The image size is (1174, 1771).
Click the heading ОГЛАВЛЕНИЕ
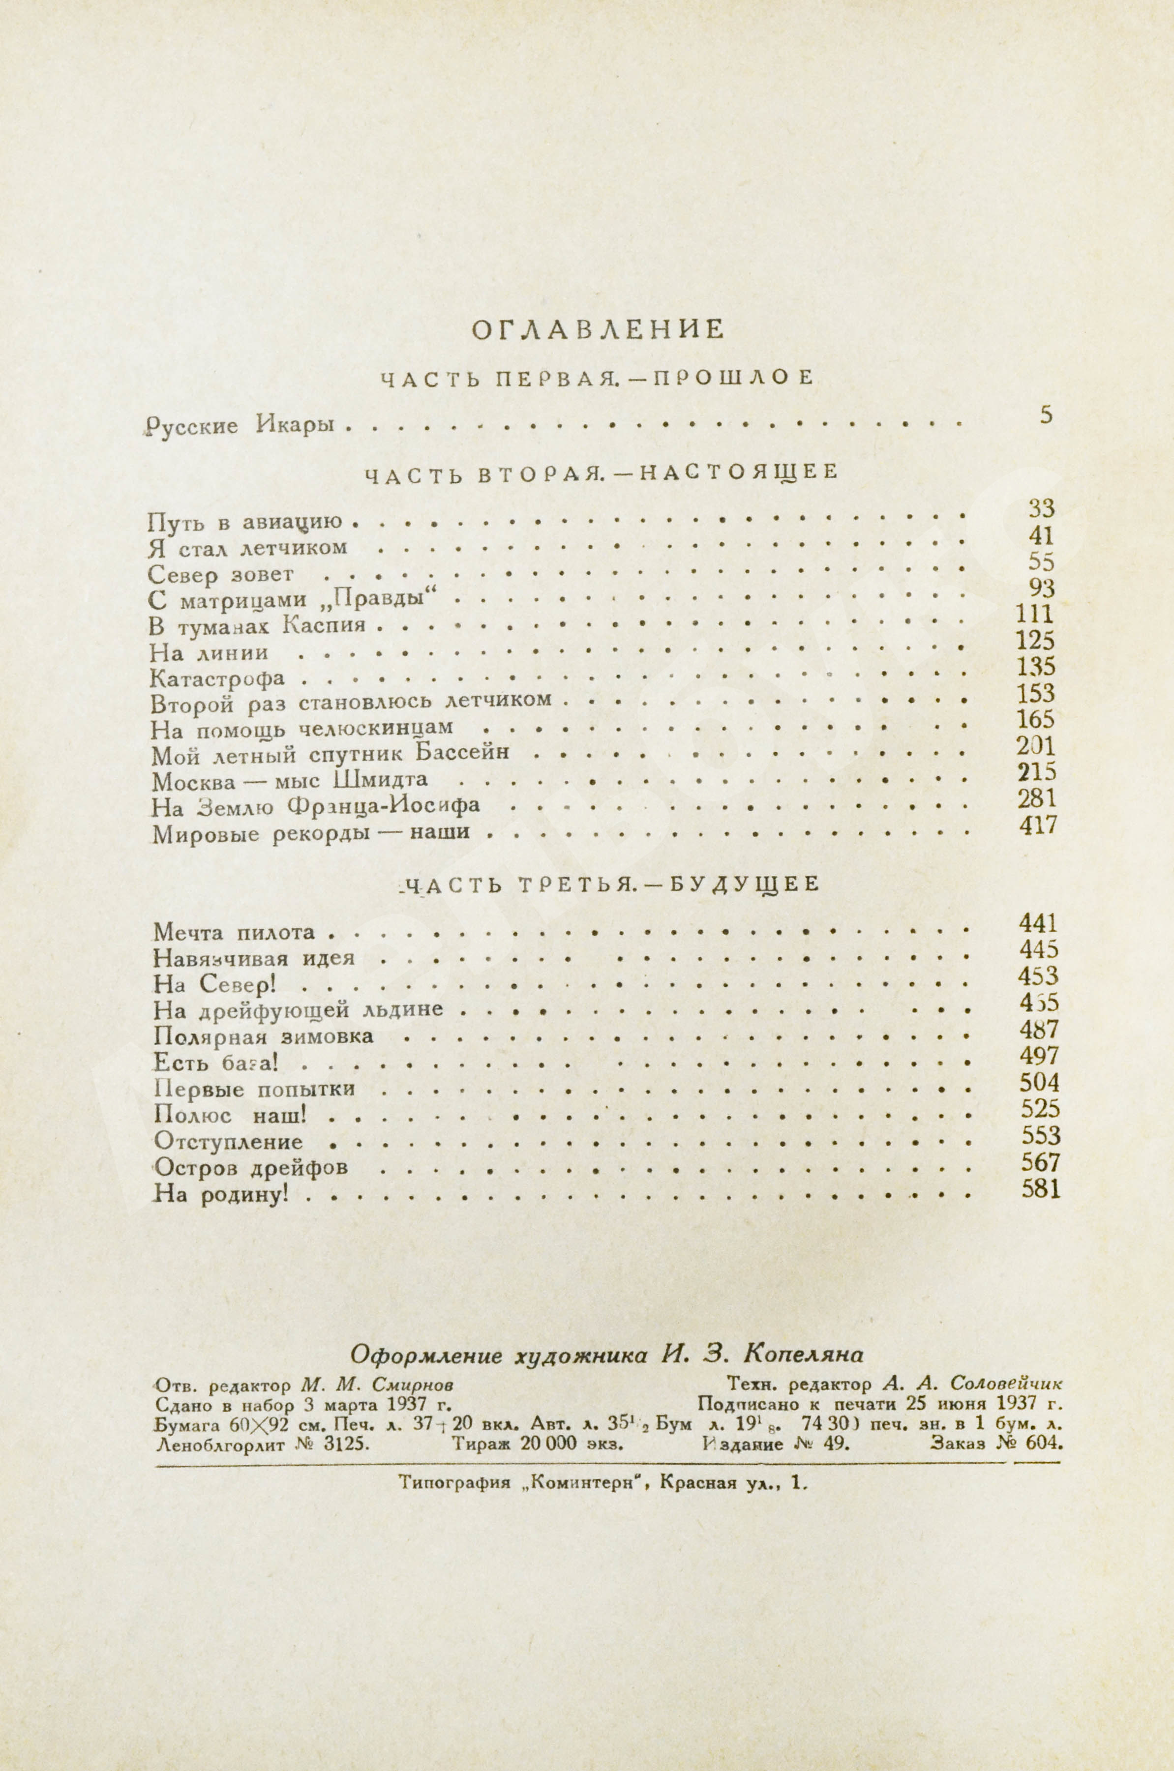click(598, 330)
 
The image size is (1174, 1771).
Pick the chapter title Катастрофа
click(217, 679)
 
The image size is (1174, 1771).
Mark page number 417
click(1038, 825)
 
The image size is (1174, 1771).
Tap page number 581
click(1041, 1189)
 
